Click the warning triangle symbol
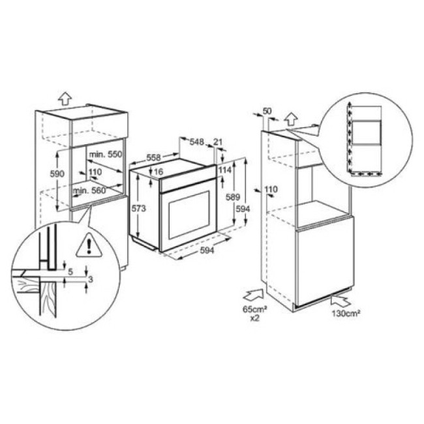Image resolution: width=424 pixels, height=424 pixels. [x=85, y=245]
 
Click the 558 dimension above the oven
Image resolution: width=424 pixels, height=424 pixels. [x=154, y=158]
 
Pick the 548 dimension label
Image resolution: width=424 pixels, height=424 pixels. [x=197, y=142]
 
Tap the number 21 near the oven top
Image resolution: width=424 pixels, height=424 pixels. [x=218, y=142]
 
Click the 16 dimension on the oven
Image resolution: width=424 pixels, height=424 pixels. [x=159, y=172]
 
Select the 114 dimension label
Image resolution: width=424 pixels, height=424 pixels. [x=225, y=170]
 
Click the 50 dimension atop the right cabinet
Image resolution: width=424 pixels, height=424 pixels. [x=266, y=111]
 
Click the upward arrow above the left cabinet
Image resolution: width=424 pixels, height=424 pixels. [x=64, y=98]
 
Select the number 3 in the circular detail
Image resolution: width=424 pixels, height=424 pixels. [x=91, y=279]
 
